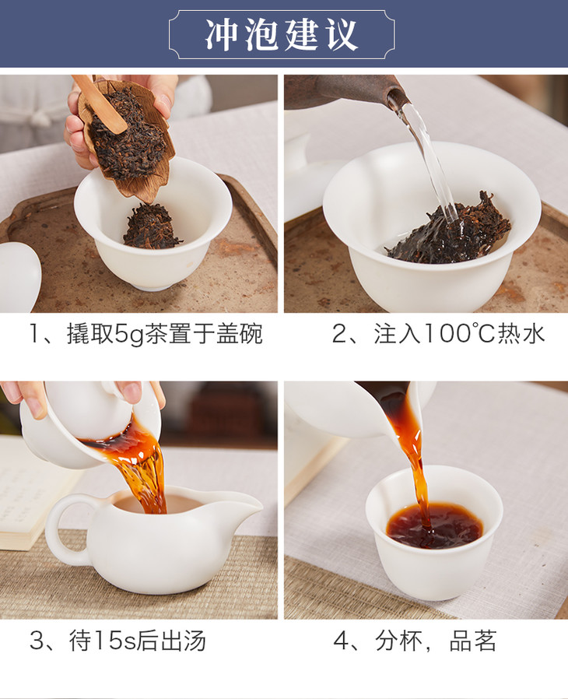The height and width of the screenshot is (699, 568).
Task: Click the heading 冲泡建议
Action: click(282, 34)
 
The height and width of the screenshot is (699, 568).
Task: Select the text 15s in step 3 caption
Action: click(114, 641)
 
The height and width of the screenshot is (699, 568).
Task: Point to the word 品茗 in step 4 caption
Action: click(472, 641)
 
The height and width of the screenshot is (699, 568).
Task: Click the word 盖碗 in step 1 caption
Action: click(239, 335)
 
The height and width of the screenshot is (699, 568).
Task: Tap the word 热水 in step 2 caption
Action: click(521, 334)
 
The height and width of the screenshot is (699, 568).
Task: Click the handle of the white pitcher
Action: click(67, 531)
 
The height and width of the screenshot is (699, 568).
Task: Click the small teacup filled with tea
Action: click(434, 532)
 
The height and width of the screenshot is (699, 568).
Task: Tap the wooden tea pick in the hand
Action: click(100, 104)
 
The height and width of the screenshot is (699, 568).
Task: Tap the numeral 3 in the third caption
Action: click(36, 641)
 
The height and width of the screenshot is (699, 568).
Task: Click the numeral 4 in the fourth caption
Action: click(341, 641)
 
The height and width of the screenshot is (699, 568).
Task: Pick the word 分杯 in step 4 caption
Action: click(398, 641)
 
